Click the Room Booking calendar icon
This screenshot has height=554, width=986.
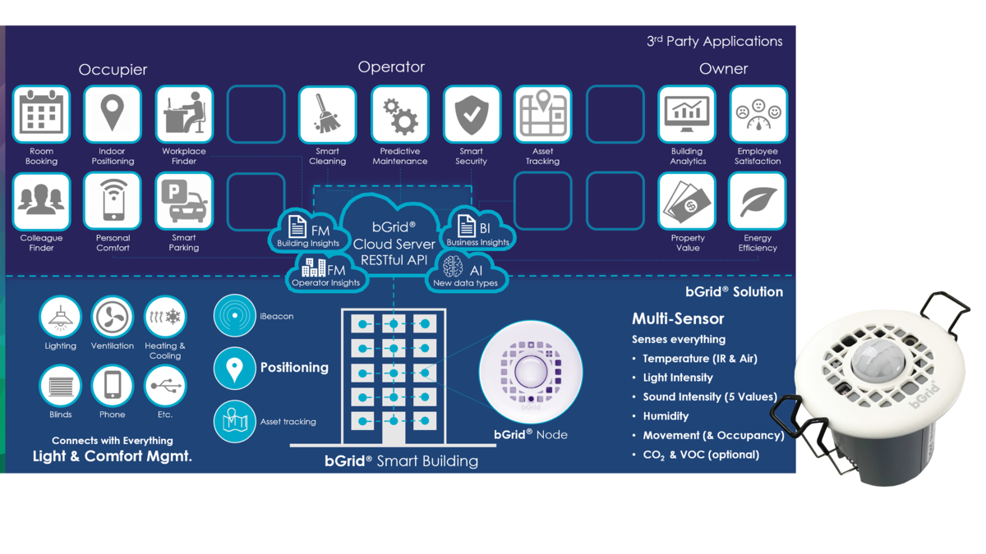[x=41, y=114]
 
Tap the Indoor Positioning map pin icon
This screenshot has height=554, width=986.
[x=113, y=114]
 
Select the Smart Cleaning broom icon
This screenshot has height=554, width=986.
[x=327, y=114]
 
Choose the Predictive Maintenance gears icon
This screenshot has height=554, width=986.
[x=399, y=114]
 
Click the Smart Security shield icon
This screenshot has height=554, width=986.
[x=472, y=114]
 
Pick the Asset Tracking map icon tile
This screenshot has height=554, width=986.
[x=543, y=114]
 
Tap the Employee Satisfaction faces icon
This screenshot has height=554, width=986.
[x=758, y=114]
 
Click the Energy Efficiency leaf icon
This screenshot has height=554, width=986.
[x=758, y=201]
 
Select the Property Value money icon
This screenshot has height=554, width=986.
[x=687, y=201]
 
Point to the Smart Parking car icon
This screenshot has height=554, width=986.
[x=184, y=201]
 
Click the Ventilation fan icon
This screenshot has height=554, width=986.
[x=113, y=317]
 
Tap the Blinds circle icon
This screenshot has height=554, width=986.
[x=60, y=386]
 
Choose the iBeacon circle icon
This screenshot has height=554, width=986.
[x=234, y=316]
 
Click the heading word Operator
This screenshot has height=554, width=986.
[x=391, y=67]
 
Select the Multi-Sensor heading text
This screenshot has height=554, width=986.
[x=678, y=318]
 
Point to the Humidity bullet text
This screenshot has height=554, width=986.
[x=666, y=416]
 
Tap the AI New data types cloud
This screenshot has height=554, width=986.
[x=466, y=273]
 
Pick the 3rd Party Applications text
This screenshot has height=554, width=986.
[x=714, y=41]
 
